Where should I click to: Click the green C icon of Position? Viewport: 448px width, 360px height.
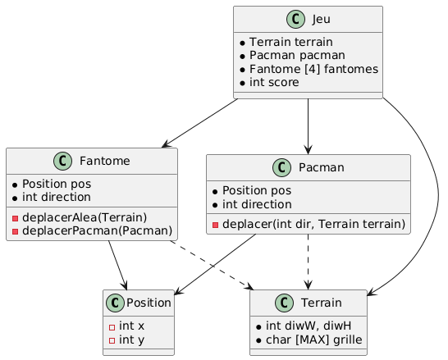click(117, 304)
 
